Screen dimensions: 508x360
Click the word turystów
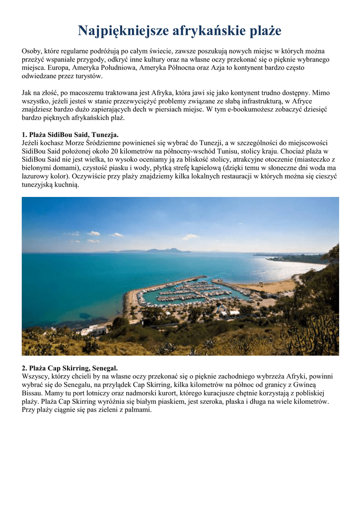coord(89,76)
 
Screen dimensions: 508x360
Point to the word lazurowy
coord(36,176)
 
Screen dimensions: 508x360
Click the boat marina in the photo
coord(189,292)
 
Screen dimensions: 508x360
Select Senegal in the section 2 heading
coord(103,368)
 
